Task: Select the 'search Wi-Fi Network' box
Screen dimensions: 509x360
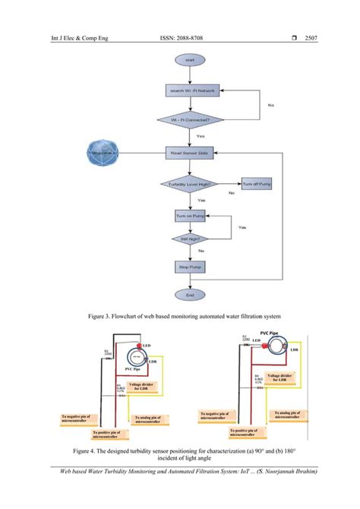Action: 190,91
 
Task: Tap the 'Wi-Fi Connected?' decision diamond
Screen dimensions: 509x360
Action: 190,119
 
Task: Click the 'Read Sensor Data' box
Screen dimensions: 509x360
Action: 190,153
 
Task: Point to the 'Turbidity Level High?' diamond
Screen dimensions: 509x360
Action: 190,184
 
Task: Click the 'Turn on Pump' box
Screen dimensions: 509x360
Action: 190,216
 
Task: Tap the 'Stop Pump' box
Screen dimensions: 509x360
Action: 190,267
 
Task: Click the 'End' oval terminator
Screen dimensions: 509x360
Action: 190,294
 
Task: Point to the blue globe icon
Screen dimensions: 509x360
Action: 105,153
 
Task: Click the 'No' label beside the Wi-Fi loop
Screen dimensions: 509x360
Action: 270,106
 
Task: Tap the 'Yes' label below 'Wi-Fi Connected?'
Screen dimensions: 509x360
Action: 201,136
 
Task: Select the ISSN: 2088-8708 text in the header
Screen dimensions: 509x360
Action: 182,36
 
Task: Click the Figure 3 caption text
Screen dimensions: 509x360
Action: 180,315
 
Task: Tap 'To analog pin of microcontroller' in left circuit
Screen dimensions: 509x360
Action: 152,418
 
